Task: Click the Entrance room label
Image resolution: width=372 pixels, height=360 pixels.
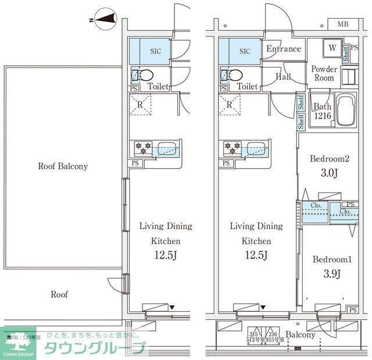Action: click(x=283, y=49)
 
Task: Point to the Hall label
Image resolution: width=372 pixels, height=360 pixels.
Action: click(x=284, y=76)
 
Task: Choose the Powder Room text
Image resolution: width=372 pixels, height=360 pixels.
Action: click(x=324, y=73)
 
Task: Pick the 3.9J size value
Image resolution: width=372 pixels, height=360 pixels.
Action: click(x=329, y=274)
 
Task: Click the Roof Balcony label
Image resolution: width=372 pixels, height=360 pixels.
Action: click(x=63, y=166)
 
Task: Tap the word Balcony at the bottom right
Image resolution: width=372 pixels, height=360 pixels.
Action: click(x=301, y=335)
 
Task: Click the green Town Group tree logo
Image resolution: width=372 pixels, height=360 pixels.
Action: click(x=18, y=343)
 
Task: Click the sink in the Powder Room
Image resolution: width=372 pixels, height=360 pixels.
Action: click(x=348, y=77)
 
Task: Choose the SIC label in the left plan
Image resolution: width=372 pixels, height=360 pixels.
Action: click(x=155, y=51)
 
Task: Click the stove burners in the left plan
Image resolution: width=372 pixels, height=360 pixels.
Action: click(x=143, y=148)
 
